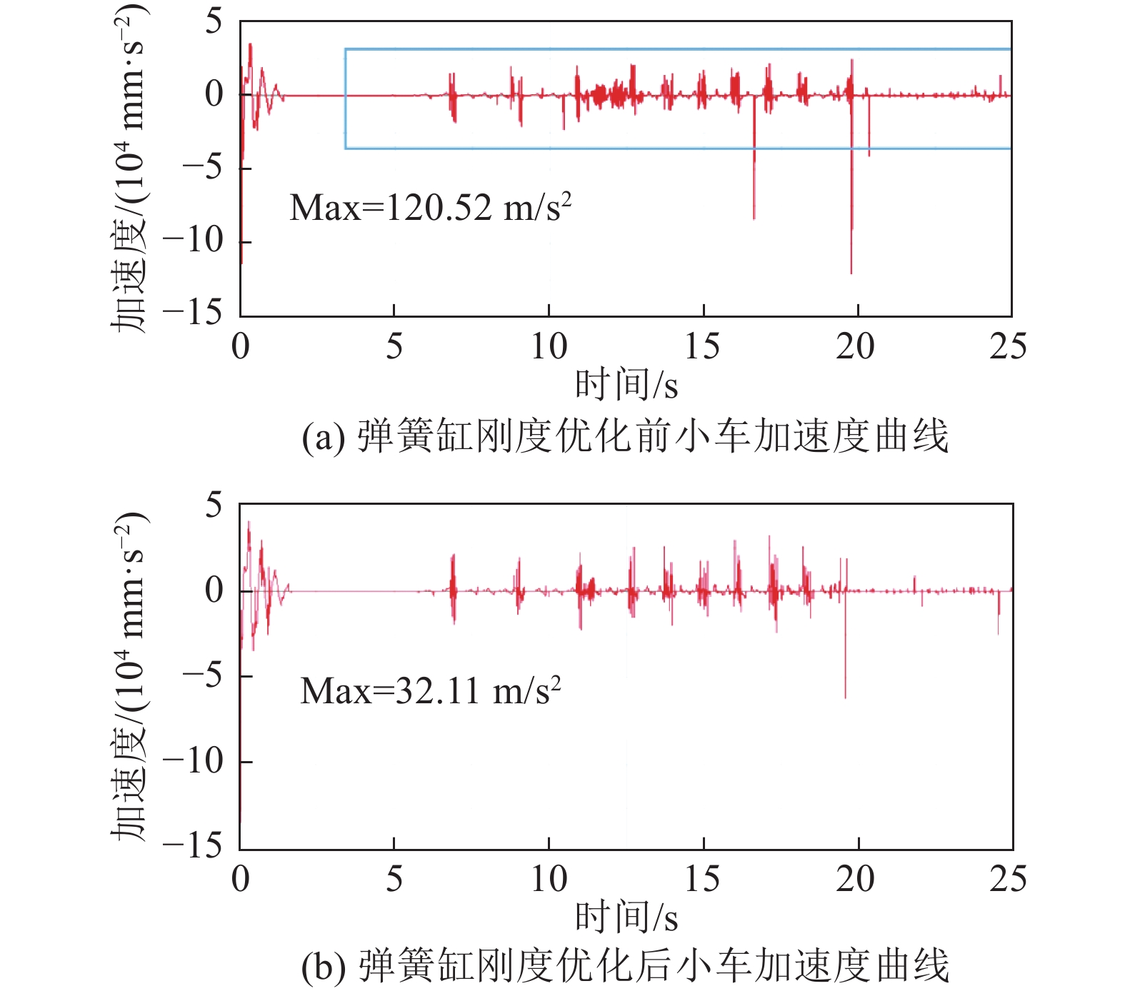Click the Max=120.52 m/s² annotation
430,208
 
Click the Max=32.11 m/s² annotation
430,690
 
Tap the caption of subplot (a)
625,436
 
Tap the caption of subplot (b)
625,965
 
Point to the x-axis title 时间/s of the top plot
626,385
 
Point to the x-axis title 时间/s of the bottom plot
626,917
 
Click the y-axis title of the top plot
130,168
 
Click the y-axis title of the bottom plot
130,675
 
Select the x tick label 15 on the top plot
702,347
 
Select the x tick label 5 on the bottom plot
394,879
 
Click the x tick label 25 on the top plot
1008,347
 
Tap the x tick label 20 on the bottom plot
855,879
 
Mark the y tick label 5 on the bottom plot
214,505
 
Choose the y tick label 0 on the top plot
214,94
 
